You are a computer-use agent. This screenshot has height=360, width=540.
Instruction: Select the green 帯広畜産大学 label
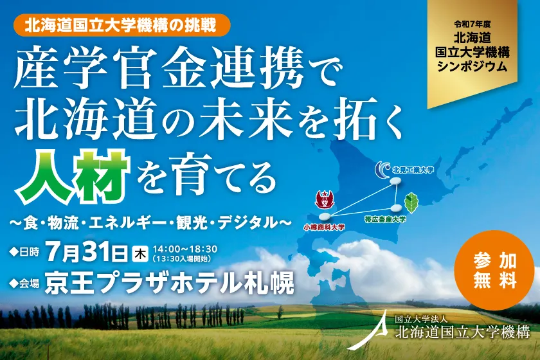coord(384,219)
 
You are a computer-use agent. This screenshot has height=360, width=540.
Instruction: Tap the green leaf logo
coord(411,202)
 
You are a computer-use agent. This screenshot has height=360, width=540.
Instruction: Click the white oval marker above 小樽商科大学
coord(326,216)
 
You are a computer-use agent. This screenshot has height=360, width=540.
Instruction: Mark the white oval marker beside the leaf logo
coord(395,207)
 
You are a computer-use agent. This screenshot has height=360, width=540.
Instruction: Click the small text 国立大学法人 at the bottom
coord(416,319)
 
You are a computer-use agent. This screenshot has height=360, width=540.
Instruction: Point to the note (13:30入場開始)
coord(184,258)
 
